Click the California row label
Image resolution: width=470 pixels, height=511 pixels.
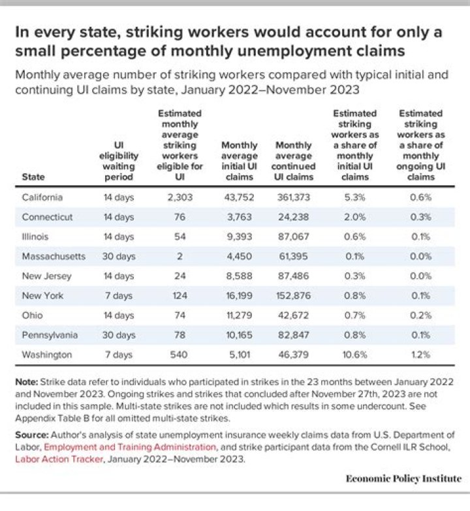[42, 197]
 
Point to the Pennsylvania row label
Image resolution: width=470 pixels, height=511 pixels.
[50, 335]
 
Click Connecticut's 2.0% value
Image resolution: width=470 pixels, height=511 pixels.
[354, 217]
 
